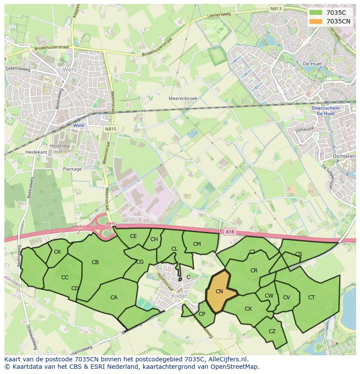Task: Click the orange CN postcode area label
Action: pos(219,291)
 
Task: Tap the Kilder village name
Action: pos(180,296)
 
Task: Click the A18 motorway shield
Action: pos(230,232)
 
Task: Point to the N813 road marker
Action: pos(275,8)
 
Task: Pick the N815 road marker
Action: pos(110,129)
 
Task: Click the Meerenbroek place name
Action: pos(183,99)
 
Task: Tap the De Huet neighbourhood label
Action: pos(312,63)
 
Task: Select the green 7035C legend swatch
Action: pos(316,13)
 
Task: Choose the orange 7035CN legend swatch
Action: pos(316,21)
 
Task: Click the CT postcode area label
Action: pos(311,298)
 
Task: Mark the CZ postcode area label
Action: pos(272,331)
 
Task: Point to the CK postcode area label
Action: pos(57,252)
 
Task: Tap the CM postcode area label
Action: pos(197,244)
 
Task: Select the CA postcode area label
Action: pos(114,298)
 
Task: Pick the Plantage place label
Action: pos(72,169)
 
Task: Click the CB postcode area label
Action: pos(95,262)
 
